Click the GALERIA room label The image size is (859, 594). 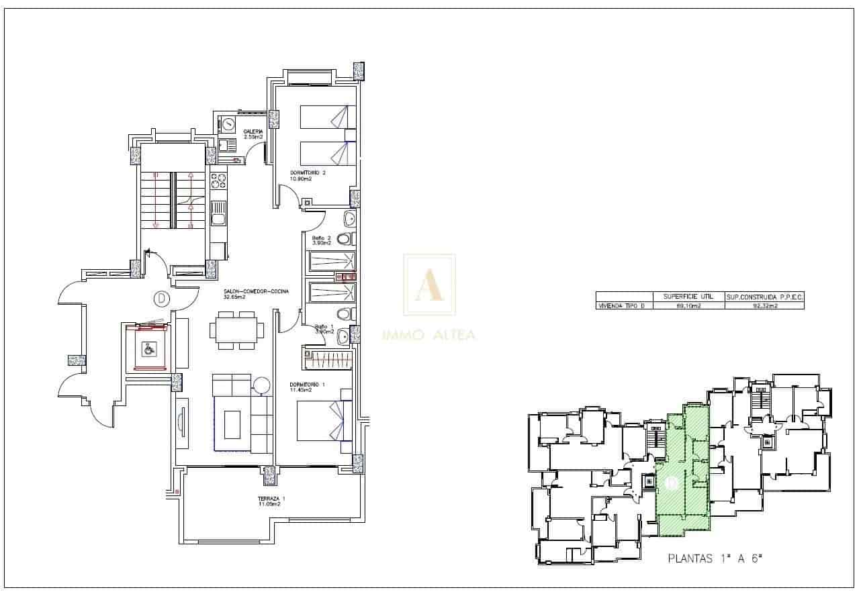253,132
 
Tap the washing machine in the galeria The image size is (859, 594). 228,124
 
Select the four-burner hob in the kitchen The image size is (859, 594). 218,182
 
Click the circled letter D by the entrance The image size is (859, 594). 161,297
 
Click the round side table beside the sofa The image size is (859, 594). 261,386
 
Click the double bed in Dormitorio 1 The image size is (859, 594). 324,420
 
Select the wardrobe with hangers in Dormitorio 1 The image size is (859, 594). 328,359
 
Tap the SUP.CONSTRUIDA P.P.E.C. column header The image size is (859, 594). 764,296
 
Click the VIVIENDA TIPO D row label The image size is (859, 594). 625,305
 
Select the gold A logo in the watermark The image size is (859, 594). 428,285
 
